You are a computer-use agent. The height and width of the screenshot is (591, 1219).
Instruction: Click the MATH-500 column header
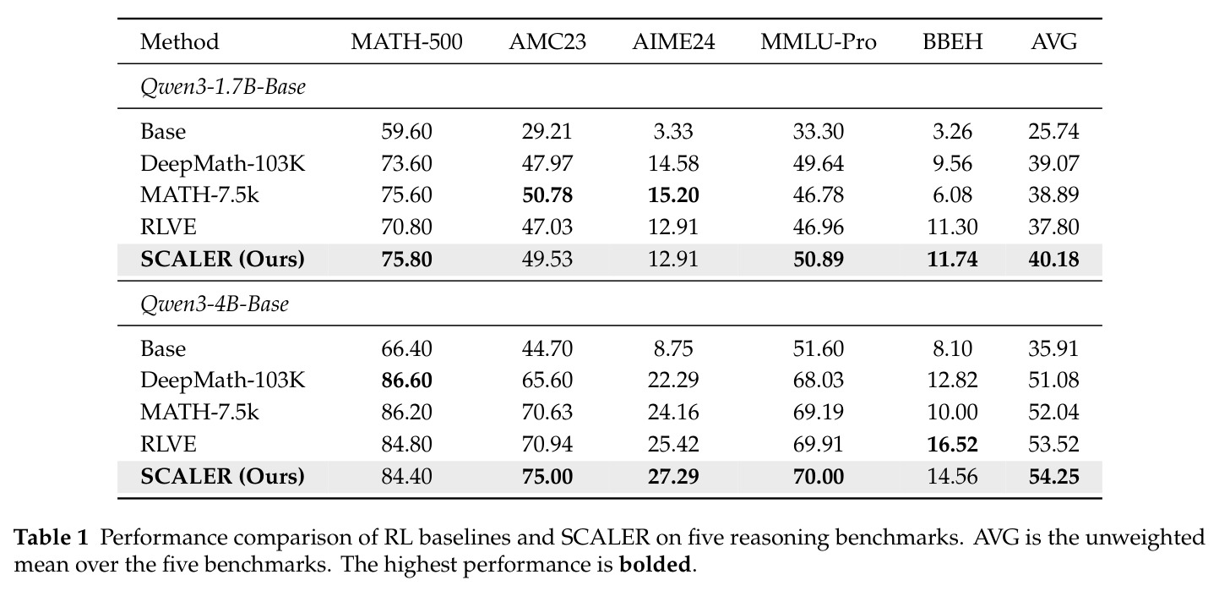point(406,42)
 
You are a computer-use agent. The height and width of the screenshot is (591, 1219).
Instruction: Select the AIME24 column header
point(673,42)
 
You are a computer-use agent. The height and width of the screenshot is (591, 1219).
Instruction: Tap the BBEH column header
point(952,42)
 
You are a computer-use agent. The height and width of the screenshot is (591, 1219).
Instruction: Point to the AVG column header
point(1053,42)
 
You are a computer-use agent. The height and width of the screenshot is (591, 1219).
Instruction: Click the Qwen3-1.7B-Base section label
point(222,86)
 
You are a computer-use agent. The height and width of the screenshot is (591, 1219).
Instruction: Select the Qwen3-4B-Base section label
point(215,304)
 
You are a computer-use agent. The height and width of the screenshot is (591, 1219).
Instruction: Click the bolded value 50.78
point(547,195)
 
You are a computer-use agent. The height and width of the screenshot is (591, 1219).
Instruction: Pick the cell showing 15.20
point(673,195)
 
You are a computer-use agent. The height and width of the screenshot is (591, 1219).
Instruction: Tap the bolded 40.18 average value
point(1053,259)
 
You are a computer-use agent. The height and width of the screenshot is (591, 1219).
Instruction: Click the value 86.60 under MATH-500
point(406,380)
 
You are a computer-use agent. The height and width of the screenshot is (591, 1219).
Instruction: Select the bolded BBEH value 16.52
point(952,445)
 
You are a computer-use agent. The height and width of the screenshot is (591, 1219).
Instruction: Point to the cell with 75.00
point(547,477)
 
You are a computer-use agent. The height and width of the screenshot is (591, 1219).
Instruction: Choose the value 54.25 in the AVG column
point(1053,477)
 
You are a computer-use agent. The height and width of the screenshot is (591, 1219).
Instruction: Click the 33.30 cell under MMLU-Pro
point(819,132)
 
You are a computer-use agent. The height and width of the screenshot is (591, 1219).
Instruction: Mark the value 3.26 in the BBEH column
point(952,132)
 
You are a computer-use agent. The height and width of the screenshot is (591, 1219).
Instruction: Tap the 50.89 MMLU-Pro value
point(819,259)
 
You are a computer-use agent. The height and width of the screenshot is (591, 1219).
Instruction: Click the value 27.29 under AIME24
point(673,477)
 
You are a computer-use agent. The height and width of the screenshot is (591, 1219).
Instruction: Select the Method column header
point(180,42)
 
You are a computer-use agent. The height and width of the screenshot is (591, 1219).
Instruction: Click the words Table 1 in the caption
point(51,538)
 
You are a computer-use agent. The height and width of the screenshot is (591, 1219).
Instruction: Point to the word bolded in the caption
point(655,564)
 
